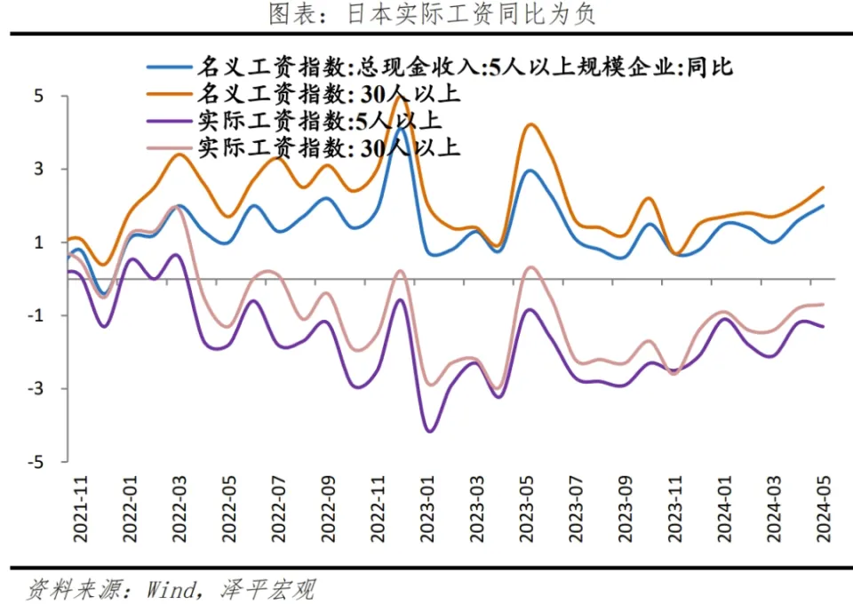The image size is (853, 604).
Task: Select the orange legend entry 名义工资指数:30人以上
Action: pos(329,93)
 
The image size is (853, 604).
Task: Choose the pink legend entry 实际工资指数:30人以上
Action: pos(329,147)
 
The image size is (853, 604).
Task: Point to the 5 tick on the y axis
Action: pos(40,96)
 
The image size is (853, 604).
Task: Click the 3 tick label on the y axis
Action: pos(40,170)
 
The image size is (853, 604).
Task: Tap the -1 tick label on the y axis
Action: pos(36,316)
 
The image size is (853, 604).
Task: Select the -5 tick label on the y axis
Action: pos(36,462)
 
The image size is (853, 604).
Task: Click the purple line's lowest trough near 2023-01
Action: pos(431,431)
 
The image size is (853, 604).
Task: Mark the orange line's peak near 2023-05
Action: pos(530,124)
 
